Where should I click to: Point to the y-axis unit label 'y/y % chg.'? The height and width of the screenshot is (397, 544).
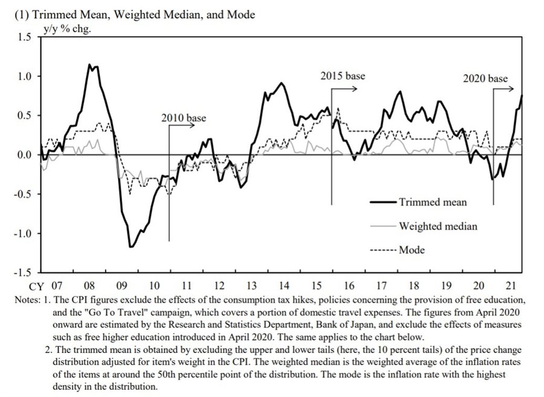[x=66, y=28]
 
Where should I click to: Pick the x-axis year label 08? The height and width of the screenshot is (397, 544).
[x=89, y=285]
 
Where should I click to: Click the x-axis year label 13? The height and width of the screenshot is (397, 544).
[x=252, y=285]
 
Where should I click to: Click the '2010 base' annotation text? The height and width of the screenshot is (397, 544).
[x=183, y=117]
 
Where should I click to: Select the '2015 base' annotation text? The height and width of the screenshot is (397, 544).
[x=343, y=76]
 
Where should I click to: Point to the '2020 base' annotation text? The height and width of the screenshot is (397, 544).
[x=485, y=79]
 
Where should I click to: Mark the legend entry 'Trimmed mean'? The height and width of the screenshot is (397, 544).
[x=433, y=202]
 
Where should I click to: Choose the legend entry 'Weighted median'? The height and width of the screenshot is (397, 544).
[x=438, y=226]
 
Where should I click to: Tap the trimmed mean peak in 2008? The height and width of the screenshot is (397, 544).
[x=90, y=65]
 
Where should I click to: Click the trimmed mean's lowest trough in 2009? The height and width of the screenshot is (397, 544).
[x=130, y=247]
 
